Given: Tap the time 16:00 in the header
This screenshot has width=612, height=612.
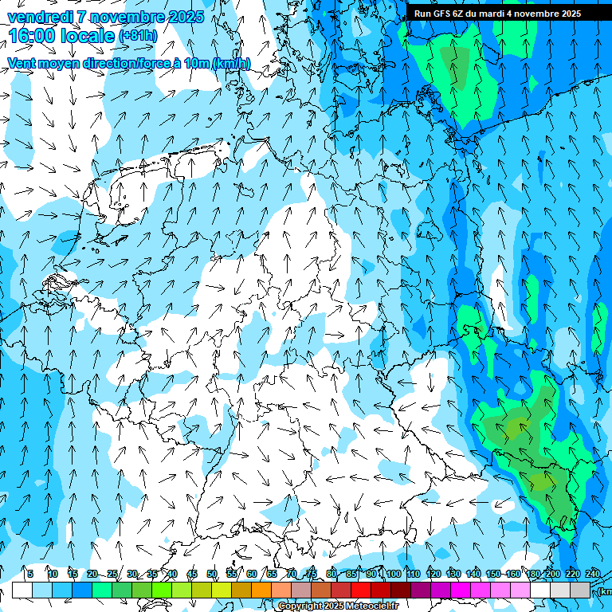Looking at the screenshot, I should [x=30, y=36].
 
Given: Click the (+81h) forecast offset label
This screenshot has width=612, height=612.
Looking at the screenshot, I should [x=137, y=36].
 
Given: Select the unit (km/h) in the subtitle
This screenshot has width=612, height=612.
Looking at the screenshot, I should [x=231, y=63].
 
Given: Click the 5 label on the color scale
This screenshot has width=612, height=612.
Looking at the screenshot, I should [x=29, y=574].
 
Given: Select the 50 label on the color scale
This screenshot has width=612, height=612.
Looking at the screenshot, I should [x=212, y=574].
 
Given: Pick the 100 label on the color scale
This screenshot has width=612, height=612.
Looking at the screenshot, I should [x=394, y=574].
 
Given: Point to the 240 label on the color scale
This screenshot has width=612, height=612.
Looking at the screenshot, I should [x=592, y=574].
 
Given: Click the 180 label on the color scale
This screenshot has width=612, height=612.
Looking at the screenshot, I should [x=532, y=574].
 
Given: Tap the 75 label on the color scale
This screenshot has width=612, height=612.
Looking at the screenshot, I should [x=311, y=574].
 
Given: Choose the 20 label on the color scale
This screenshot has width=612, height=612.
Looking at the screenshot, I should [x=92, y=574].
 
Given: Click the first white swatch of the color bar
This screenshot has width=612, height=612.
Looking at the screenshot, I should [x=22, y=590].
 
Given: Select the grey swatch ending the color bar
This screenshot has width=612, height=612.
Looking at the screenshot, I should [x=580, y=590].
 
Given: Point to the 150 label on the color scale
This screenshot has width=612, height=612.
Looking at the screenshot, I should [x=493, y=574].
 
